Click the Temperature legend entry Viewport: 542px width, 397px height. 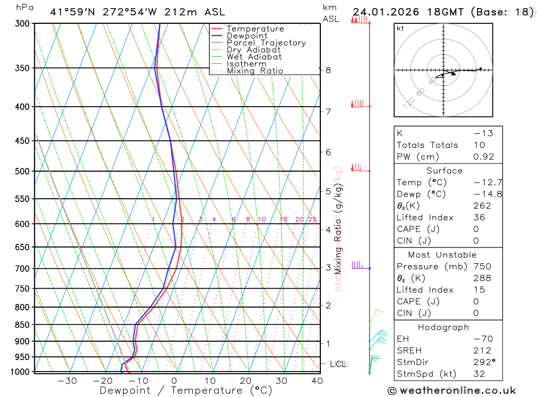(255, 29)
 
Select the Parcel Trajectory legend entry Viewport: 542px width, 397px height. (266, 43)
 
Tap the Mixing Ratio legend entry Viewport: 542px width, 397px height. (255, 71)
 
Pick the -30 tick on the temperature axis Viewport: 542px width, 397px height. (67, 381)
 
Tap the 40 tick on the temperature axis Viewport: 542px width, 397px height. (317, 381)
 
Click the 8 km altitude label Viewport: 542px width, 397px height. (328, 70)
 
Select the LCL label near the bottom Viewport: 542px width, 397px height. (338, 364)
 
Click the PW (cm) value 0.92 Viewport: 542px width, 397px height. (484, 157)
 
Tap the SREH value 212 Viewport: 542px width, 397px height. (482, 351)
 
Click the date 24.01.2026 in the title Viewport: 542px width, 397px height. (383, 12)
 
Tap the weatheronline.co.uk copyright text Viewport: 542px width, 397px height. (451, 391)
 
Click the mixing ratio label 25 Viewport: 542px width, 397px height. (312, 219)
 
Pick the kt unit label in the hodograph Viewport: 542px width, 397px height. (401, 28)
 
